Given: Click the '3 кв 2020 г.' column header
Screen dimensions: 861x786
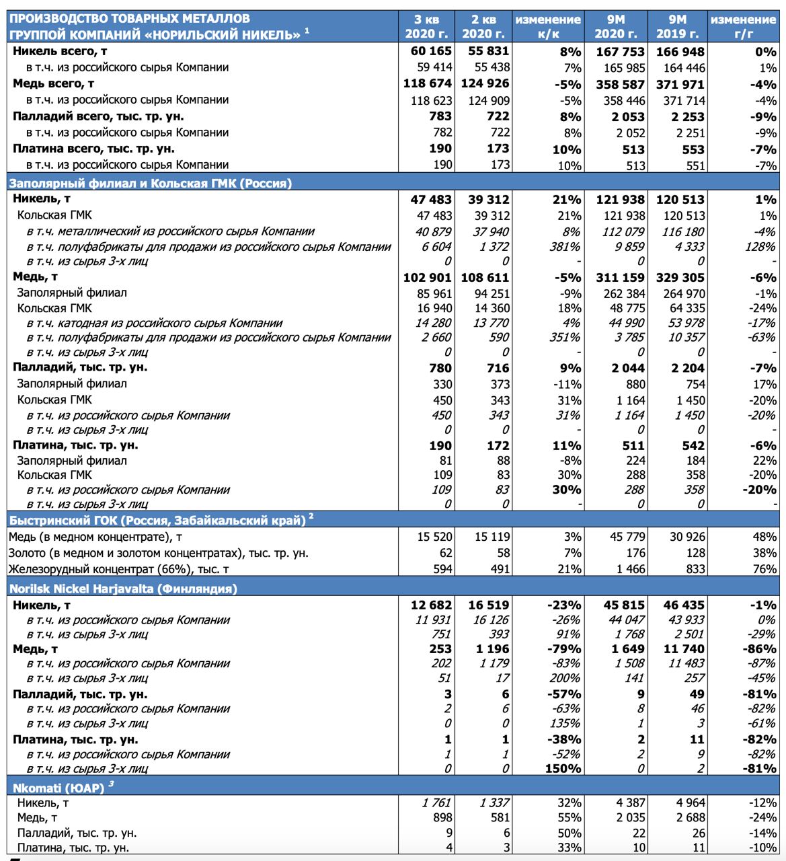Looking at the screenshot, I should click(x=426, y=27).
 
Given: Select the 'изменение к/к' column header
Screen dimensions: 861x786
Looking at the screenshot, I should click(x=548, y=27).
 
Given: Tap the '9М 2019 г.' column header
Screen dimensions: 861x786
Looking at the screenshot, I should click(x=677, y=27).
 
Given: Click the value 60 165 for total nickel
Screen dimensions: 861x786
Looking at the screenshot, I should click(x=432, y=51).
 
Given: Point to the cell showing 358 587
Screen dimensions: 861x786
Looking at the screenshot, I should click(x=620, y=84).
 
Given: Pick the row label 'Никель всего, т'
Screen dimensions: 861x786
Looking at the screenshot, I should click(x=60, y=51).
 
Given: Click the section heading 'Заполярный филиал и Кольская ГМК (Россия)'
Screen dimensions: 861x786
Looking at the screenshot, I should click(x=151, y=183).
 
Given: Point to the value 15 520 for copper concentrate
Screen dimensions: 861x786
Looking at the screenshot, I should click(x=434, y=537).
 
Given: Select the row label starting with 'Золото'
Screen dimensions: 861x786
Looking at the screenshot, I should click(x=158, y=553).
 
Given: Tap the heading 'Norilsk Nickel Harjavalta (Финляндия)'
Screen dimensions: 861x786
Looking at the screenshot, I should click(x=123, y=589).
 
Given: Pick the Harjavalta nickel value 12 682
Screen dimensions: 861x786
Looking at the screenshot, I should click(x=432, y=605).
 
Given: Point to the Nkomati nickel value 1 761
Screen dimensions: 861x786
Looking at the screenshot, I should click(x=436, y=802).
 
